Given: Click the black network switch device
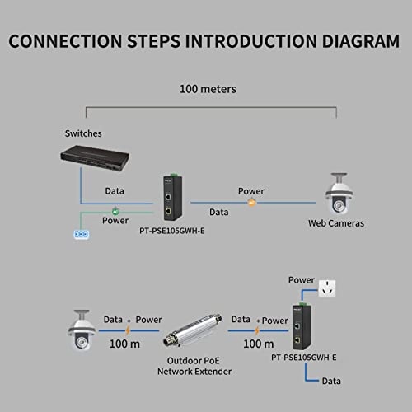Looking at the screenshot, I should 99,161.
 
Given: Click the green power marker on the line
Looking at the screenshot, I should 116,211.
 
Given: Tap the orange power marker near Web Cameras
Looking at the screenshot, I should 252,202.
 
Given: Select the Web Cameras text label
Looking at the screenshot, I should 336,223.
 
